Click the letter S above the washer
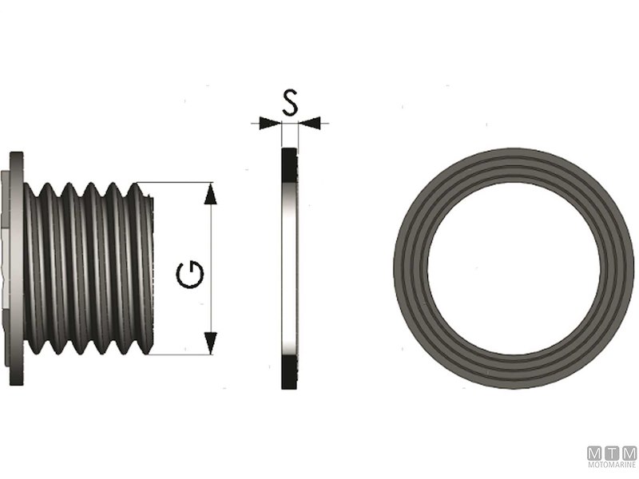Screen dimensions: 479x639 pyautogui.click(x=290, y=102)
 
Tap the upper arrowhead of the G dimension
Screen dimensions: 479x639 pyautogui.click(x=210, y=194)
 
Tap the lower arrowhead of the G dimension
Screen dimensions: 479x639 pyautogui.click(x=210, y=343)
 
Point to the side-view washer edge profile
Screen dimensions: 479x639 pyautogui.click(x=288, y=267)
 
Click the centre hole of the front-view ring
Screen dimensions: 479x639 pyautogui.click(x=514, y=267)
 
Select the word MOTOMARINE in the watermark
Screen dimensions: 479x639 pyautogui.click(x=613, y=465)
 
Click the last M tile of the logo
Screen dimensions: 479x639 pyautogui.click(x=629, y=453)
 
